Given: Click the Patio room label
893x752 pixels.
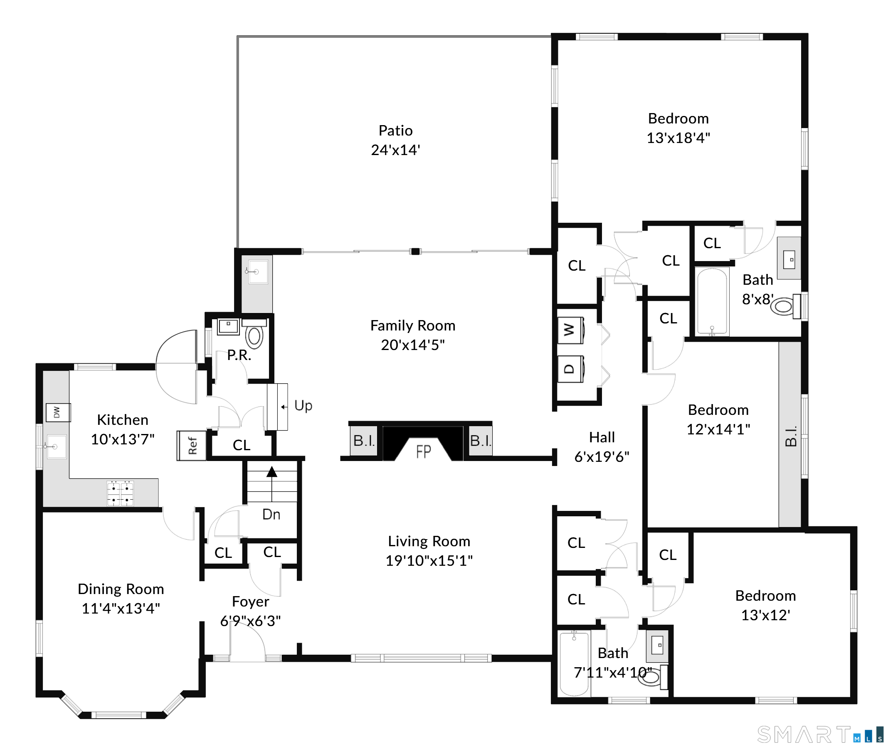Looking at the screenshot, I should tap(395, 131).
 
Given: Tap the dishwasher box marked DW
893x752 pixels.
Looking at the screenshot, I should tap(57, 412).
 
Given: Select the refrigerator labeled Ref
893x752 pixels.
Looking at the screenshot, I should tap(192, 446).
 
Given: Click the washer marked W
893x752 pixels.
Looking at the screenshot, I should tap(570, 330).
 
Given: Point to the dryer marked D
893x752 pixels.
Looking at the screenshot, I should tap(570, 369).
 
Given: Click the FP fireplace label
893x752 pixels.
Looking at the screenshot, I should tap(423, 452).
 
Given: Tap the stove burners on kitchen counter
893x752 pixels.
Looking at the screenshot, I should tap(120, 493).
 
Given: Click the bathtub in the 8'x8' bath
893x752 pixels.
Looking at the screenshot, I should tap(711, 301).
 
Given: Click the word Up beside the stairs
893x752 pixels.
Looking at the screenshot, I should tap(303, 406).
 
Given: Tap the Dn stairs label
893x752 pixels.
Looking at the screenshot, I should tap(271, 515).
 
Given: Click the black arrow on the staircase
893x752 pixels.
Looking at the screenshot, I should tap(272, 472).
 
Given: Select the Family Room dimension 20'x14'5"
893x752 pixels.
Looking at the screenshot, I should tap(412, 345).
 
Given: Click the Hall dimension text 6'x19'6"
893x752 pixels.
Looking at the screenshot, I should tap(602, 457).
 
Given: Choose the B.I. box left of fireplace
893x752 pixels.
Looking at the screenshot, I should tap(364, 441).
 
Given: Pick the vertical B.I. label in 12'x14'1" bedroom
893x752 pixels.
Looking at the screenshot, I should tap(790, 436).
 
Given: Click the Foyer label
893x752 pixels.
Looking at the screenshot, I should tap(250, 602).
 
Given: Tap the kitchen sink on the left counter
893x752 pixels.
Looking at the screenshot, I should tap(56, 446).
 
